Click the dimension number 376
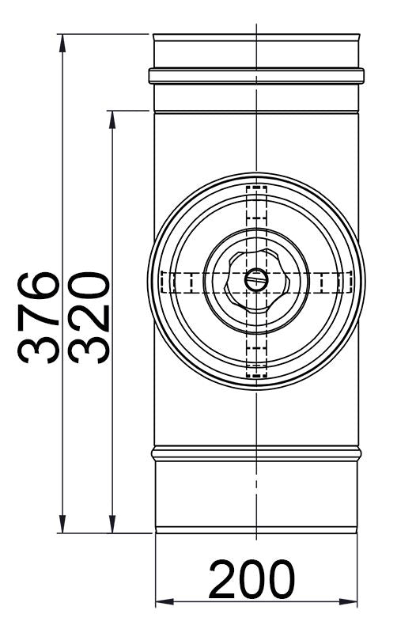tap(39, 316)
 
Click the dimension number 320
tap(86, 316)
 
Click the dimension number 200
tap(252, 580)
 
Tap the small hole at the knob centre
tap(256, 279)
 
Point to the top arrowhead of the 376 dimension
tap(62, 41)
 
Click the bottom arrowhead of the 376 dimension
tap(62, 525)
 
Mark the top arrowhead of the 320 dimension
tap(114, 117)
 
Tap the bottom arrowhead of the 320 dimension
tap(114, 525)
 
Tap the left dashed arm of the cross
tap(177, 282)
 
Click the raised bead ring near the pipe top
tap(256, 76)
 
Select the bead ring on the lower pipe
tap(256, 454)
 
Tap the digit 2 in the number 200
tap(225, 580)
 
